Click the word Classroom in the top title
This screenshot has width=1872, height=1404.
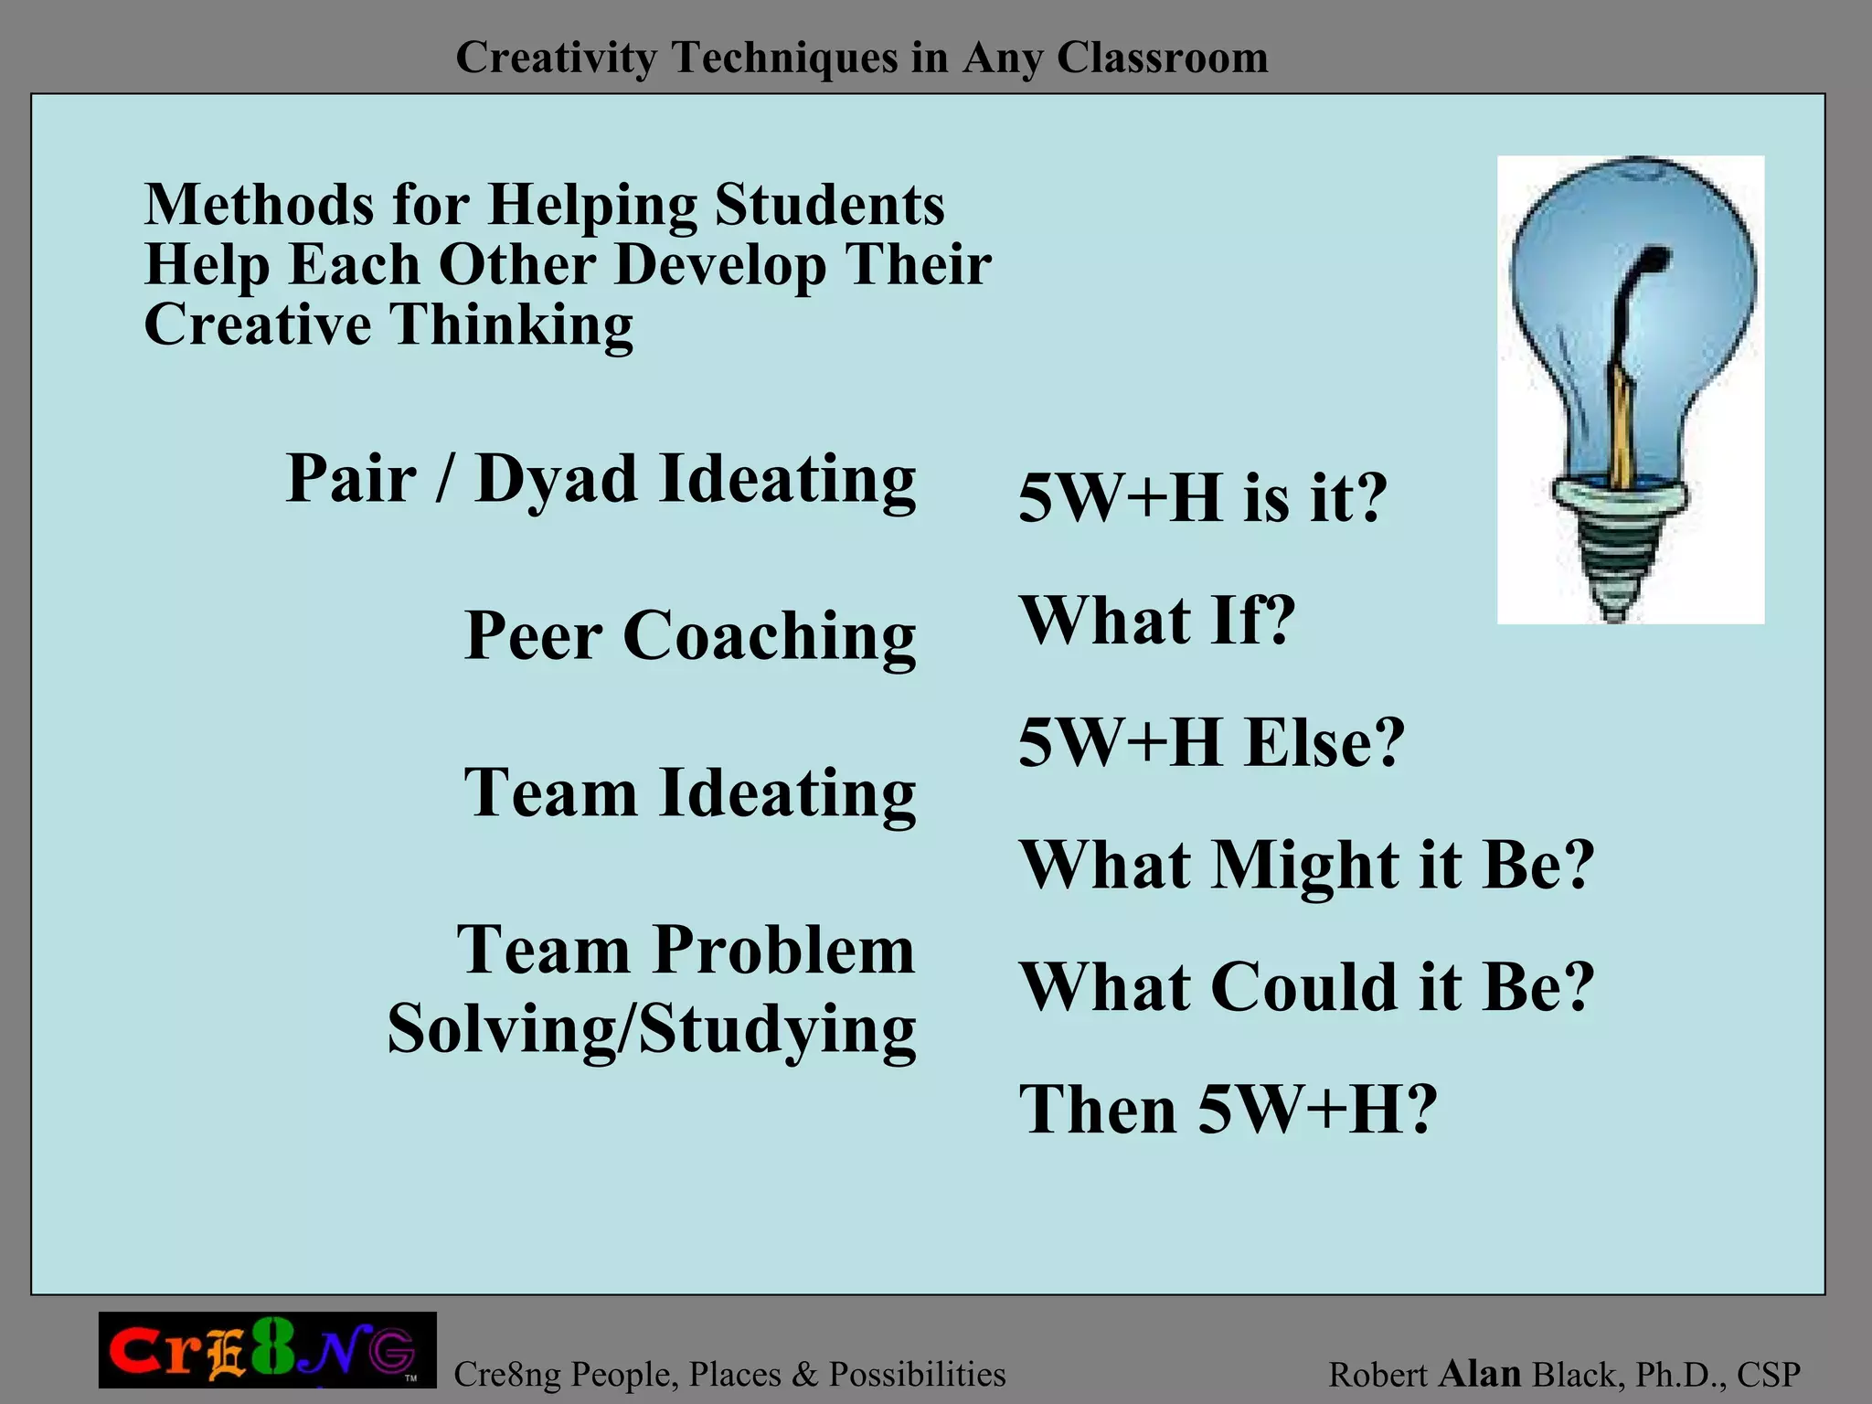1162,58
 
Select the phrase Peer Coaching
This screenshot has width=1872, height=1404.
690,635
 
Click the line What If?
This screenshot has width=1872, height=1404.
1157,621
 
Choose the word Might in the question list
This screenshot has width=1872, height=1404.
1305,865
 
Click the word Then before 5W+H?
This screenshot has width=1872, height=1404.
1098,1110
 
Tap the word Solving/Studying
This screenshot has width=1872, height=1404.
651,1030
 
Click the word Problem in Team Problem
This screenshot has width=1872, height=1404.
784,951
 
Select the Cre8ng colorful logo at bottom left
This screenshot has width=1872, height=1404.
267,1351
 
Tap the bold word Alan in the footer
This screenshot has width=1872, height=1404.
1479,1374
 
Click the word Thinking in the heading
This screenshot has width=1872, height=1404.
512,324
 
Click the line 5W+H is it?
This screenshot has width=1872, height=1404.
1202,499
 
